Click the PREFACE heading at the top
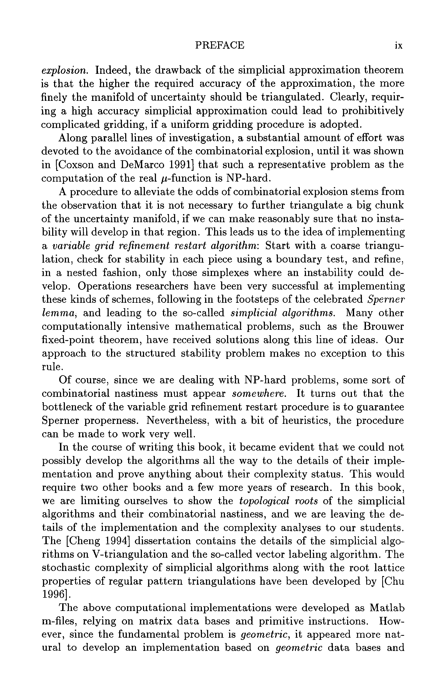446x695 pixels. tap(219, 45)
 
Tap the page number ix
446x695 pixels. tap(399, 46)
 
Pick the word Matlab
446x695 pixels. tap(387, 608)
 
